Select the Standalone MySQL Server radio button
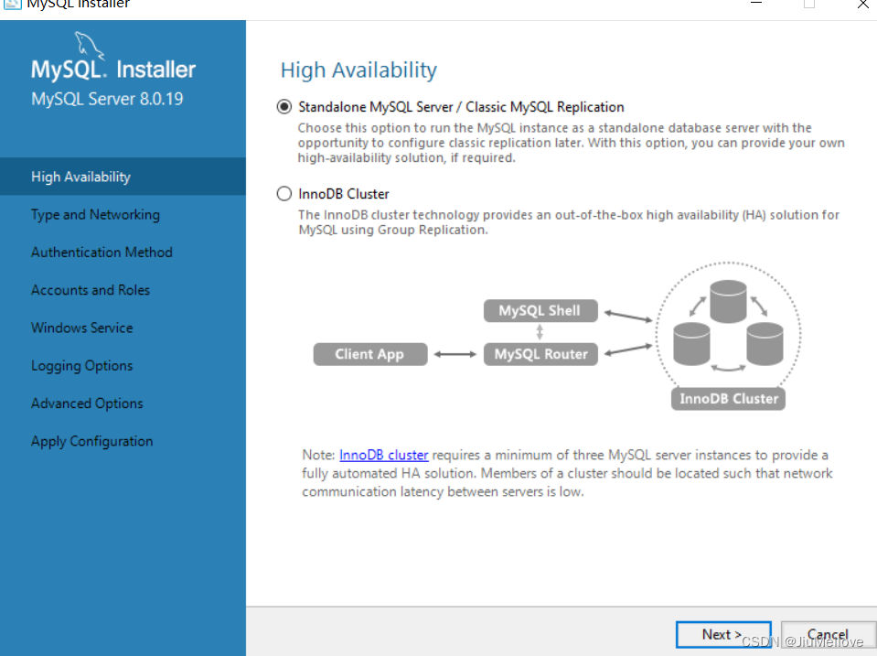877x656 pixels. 284,106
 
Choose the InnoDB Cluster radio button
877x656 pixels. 284,194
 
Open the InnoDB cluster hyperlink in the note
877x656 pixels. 384,455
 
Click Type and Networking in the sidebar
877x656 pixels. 96,215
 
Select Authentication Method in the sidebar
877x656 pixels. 102,253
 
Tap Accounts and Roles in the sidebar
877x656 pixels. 91,290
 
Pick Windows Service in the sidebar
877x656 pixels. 82,328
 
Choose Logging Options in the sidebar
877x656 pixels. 82,366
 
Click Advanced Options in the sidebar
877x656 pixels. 87,403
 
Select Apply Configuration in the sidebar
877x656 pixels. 92,442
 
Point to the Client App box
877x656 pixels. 370,354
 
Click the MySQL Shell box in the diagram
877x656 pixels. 540,311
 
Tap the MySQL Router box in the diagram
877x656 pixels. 540,354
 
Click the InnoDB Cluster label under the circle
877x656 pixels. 728,399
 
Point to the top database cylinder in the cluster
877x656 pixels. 728,302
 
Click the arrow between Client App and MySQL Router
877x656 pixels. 455,354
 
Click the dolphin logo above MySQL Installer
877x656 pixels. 90,45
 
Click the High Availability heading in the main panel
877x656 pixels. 358,70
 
